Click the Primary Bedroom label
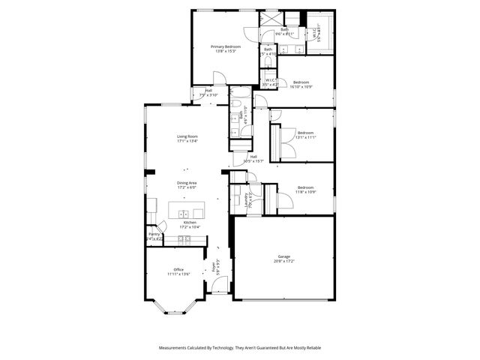[x=226, y=46]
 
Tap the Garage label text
[x=284, y=256]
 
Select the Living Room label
[x=187, y=136]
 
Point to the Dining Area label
[x=187, y=182]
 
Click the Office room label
[x=178, y=269]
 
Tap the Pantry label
[x=154, y=234]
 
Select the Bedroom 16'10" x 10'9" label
[x=301, y=82]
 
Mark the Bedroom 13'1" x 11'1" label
[x=305, y=133]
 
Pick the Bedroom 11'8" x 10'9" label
[x=305, y=187]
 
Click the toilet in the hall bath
[x=235, y=106]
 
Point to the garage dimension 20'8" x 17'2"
[x=284, y=262]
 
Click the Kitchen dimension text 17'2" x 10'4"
[x=190, y=227]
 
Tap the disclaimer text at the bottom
[x=240, y=348]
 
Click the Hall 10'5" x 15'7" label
[x=253, y=159]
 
